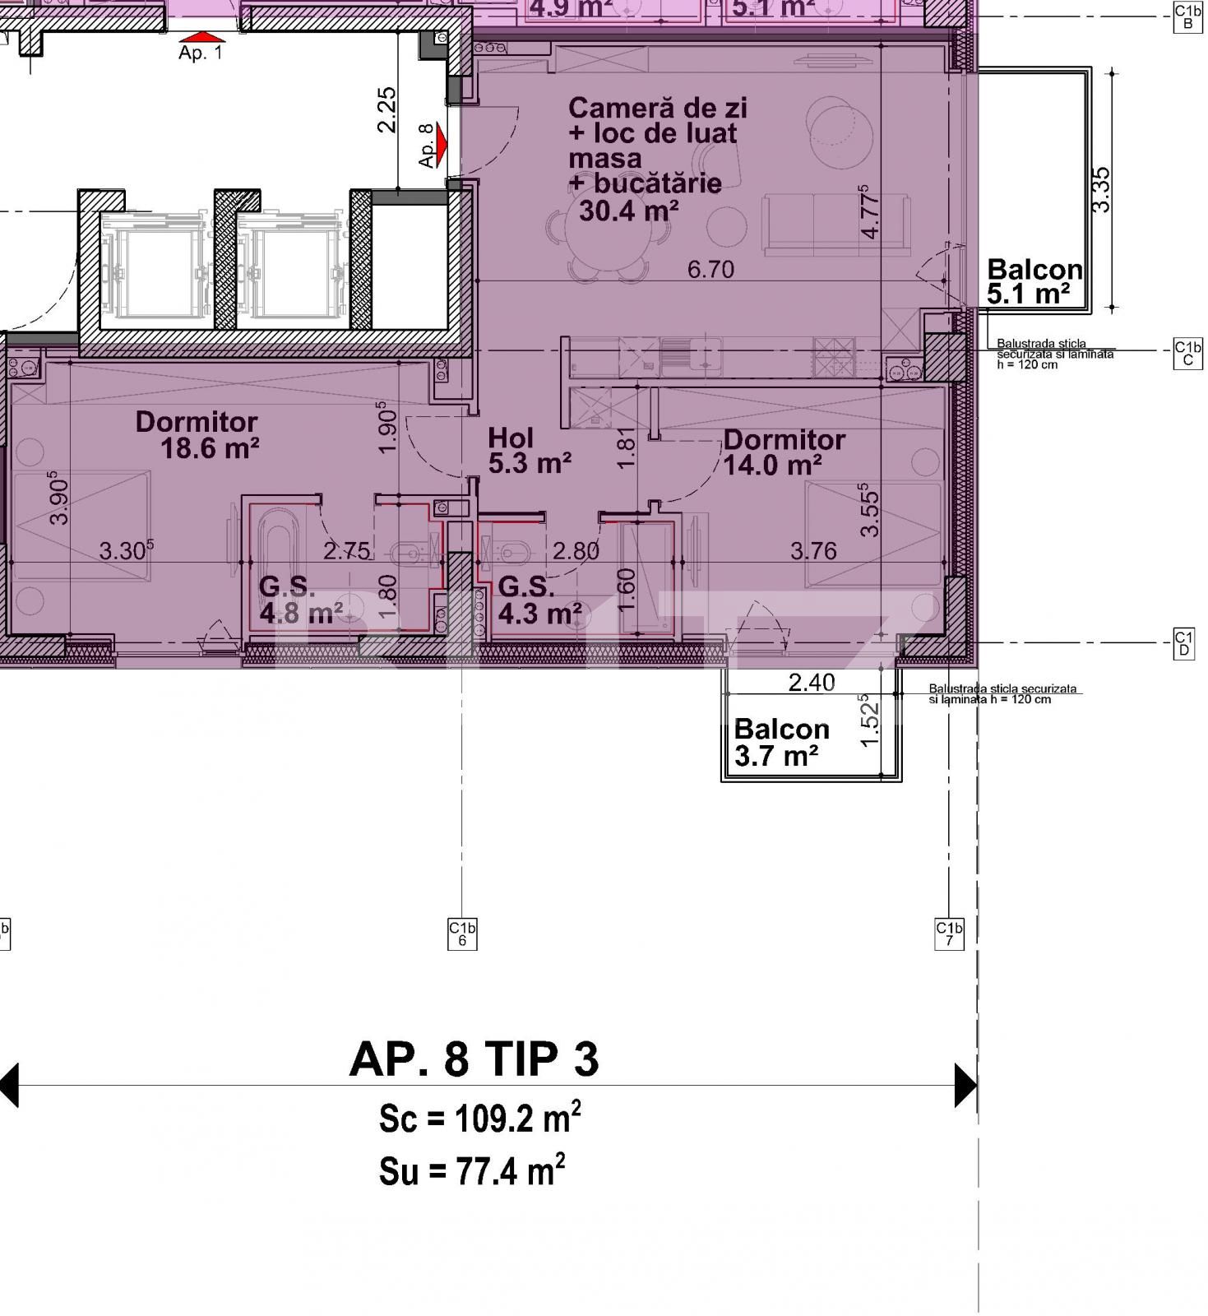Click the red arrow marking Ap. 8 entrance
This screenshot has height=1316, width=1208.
coord(442,145)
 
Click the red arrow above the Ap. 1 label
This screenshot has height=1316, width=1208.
coord(201,37)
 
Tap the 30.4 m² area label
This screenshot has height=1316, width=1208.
coord(628,211)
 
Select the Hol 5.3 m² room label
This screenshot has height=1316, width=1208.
coord(529,451)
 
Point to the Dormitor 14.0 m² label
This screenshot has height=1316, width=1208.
coord(784,452)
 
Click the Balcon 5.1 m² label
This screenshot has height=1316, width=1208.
coord(1034,281)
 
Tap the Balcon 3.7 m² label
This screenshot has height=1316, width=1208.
coord(780,742)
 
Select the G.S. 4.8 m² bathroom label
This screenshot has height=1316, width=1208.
coord(299,600)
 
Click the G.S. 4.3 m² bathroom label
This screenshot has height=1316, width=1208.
coord(539,600)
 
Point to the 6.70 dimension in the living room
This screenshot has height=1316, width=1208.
coord(710,270)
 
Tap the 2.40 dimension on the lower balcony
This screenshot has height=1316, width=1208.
coord(811,682)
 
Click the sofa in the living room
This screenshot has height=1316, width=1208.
coord(835,224)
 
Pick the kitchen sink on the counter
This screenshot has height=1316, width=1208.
coord(691,355)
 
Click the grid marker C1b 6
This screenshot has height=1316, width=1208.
coord(462,934)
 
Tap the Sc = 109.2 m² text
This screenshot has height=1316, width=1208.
coord(479,1118)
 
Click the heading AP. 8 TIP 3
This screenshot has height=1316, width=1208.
coord(474,1059)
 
